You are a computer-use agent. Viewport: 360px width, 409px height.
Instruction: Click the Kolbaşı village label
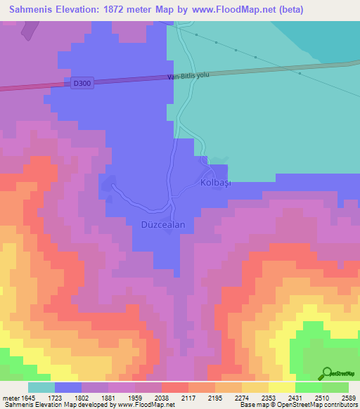point(216,183)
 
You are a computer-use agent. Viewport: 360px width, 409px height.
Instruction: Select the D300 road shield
point(82,83)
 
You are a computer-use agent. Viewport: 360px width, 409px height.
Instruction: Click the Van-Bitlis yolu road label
point(189,76)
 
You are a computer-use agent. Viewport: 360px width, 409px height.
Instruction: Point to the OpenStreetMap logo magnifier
point(326,373)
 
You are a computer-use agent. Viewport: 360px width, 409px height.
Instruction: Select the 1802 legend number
point(82,397)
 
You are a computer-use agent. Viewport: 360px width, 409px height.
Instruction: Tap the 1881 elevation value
point(108,397)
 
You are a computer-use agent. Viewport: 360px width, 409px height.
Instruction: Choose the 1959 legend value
point(135,397)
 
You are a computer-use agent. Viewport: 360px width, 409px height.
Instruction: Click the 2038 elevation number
point(162,397)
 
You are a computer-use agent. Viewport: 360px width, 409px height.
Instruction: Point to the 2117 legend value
point(188,397)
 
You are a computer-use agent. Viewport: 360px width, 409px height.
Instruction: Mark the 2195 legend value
point(215,397)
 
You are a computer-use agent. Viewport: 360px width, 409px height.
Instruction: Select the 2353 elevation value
point(269,397)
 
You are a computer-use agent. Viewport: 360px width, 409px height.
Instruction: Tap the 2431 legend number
point(295,397)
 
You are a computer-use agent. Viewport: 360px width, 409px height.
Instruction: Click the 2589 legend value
point(349,397)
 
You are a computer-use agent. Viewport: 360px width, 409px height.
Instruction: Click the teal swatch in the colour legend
point(41,387)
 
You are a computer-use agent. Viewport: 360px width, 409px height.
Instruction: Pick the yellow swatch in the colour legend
point(281,387)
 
